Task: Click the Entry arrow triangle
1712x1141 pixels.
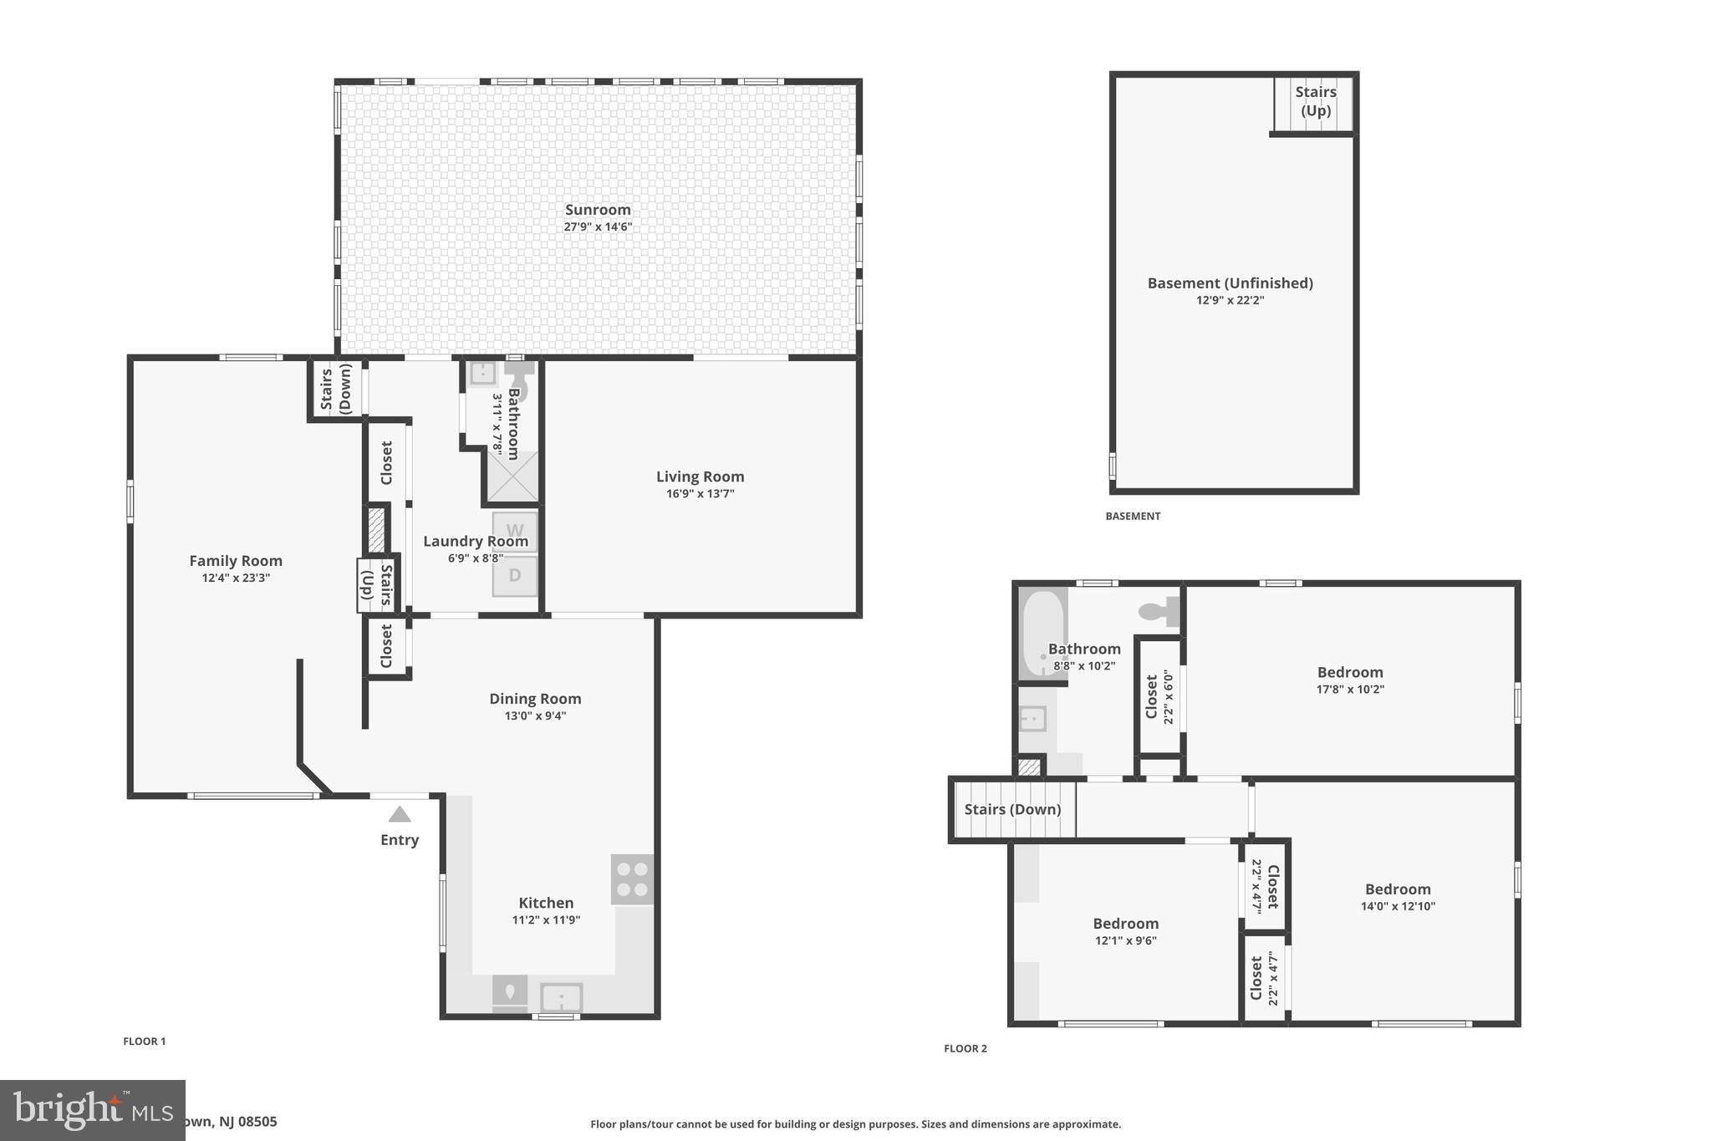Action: coord(400,814)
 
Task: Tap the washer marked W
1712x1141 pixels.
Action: coord(515,531)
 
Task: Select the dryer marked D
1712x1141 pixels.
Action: coord(515,576)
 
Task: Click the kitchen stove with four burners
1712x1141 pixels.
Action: coord(632,879)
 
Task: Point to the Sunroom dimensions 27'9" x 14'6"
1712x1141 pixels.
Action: coord(598,227)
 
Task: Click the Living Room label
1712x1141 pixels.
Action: coord(700,476)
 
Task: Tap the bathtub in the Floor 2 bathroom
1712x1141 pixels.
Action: coord(1042,634)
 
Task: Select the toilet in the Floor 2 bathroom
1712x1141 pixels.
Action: coord(1159,612)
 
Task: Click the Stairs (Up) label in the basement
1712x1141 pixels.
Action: coord(1315,101)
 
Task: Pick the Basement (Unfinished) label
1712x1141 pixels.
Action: coord(1230,283)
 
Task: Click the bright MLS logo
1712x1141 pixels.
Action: coord(92,1110)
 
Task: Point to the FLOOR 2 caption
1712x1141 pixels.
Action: coord(966,1048)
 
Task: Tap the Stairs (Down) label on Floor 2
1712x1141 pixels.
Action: coord(1012,809)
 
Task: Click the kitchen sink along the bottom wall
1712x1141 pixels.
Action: coord(561,997)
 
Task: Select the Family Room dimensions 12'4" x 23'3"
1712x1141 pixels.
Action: coord(236,578)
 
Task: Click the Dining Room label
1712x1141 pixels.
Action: coord(535,699)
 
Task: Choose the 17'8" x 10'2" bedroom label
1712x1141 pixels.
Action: coord(1350,672)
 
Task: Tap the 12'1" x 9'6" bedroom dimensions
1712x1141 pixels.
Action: coord(1126,940)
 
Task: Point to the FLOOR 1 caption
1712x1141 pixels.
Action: coord(145,1042)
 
